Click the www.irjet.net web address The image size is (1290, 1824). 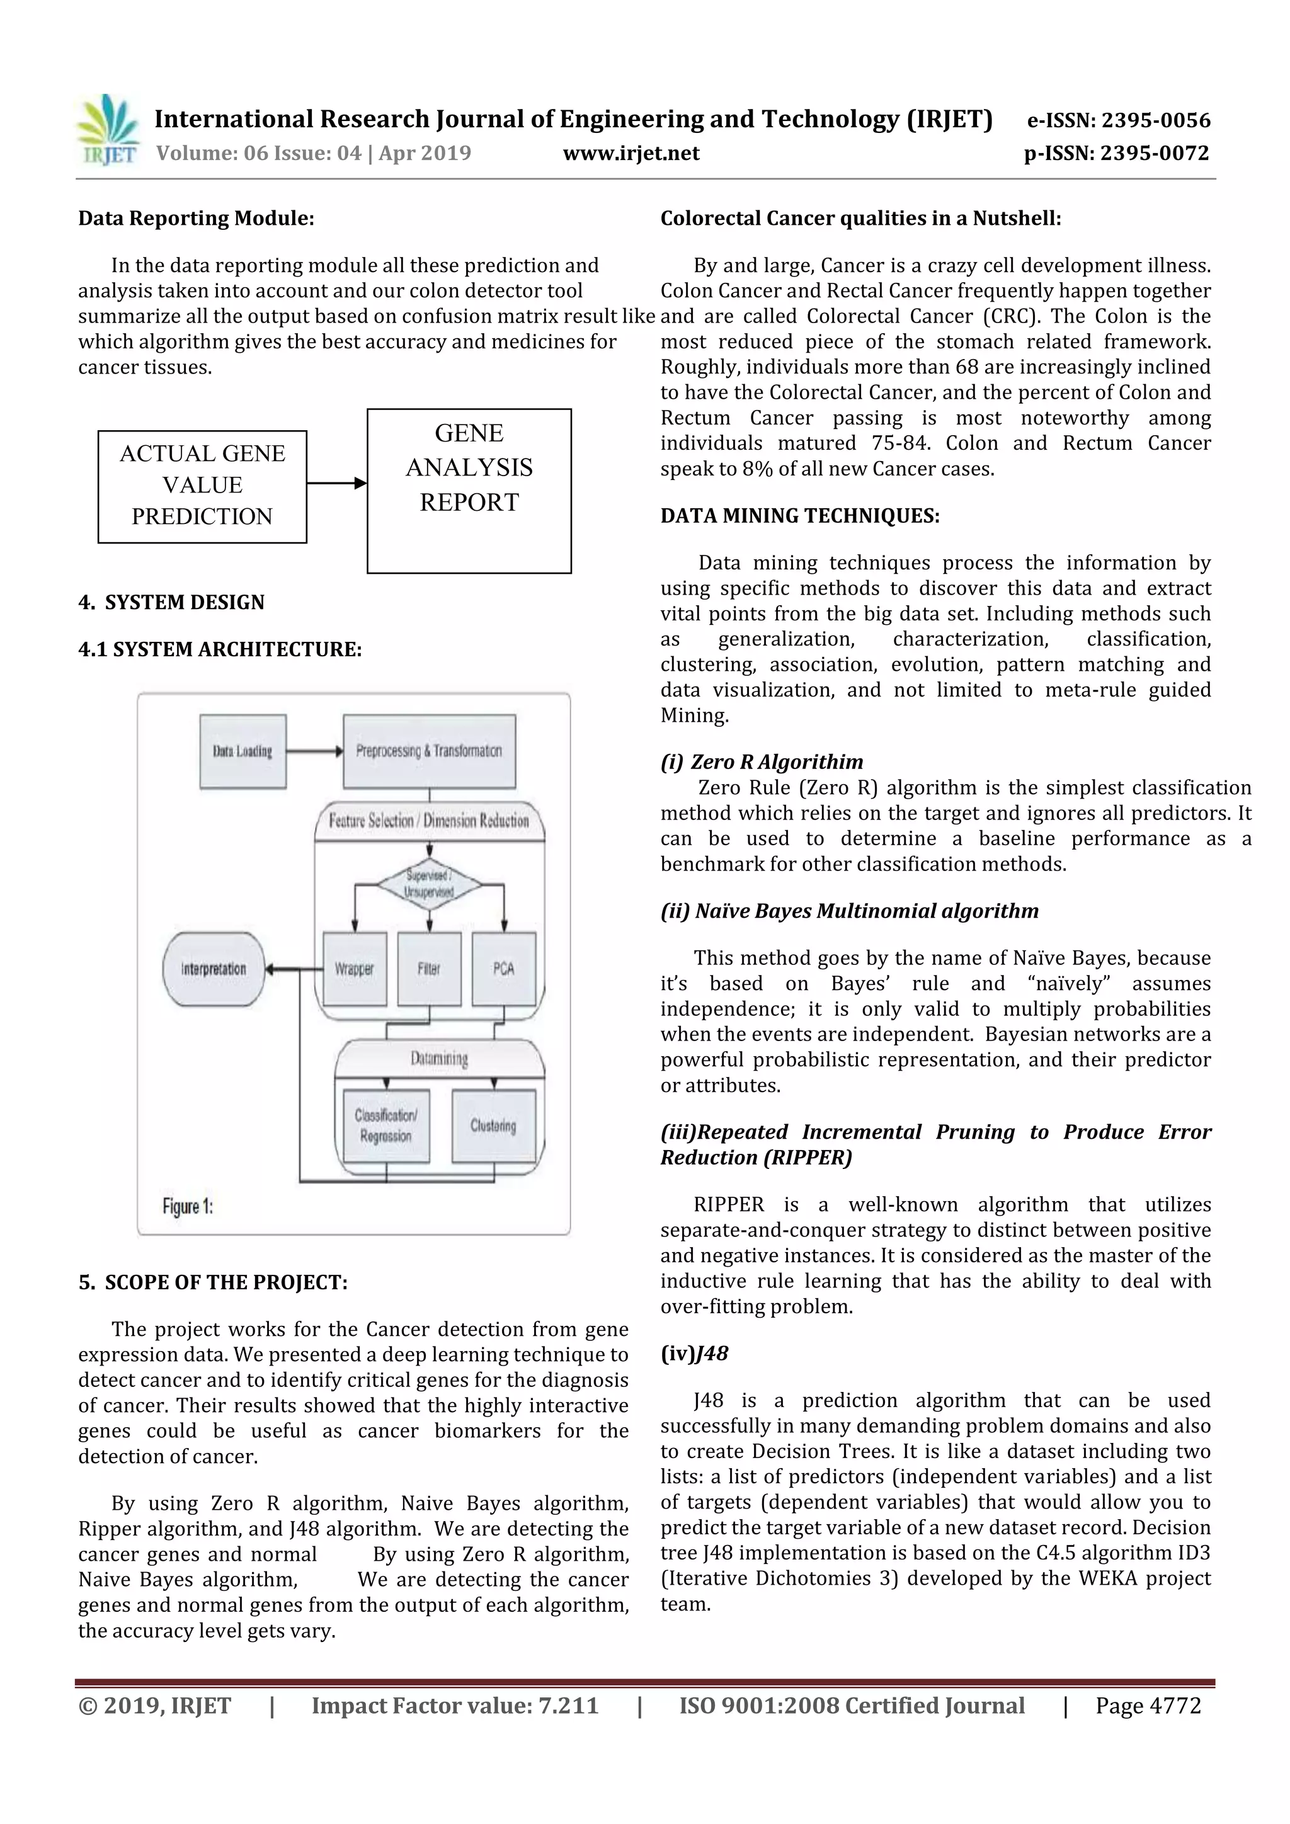coord(631,153)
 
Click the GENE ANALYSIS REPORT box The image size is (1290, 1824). coord(469,489)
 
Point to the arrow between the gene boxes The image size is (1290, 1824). coord(336,483)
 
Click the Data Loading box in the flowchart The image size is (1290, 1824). coord(243,751)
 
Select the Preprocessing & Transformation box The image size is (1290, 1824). coord(429,751)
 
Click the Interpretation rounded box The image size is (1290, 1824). coord(213,969)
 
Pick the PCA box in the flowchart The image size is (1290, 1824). coord(504,969)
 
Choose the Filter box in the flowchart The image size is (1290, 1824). coord(429,969)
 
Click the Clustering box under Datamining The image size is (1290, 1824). coord(493,1126)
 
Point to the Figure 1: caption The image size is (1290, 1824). coord(188,1206)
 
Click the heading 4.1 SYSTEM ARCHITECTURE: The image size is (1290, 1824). coord(220,649)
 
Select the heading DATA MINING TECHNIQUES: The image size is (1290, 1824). coord(799,516)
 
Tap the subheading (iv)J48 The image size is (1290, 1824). coord(694,1353)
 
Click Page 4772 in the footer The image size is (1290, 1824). coord(1148,1706)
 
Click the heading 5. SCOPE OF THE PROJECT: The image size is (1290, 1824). coord(213,1282)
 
